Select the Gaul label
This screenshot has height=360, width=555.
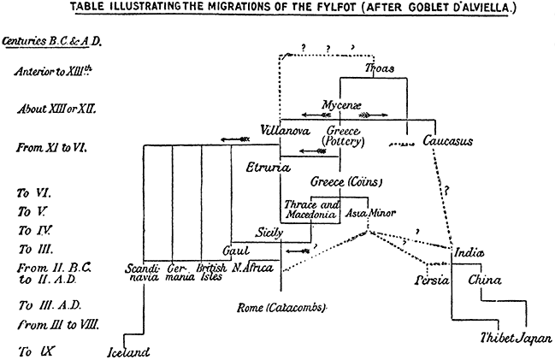(x=235, y=251)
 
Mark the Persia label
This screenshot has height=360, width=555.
(x=432, y=281)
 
